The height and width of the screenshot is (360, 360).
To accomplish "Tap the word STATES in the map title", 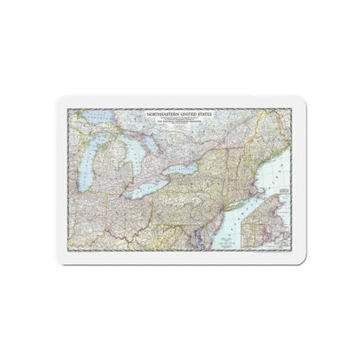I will click(x=207, y=112).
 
